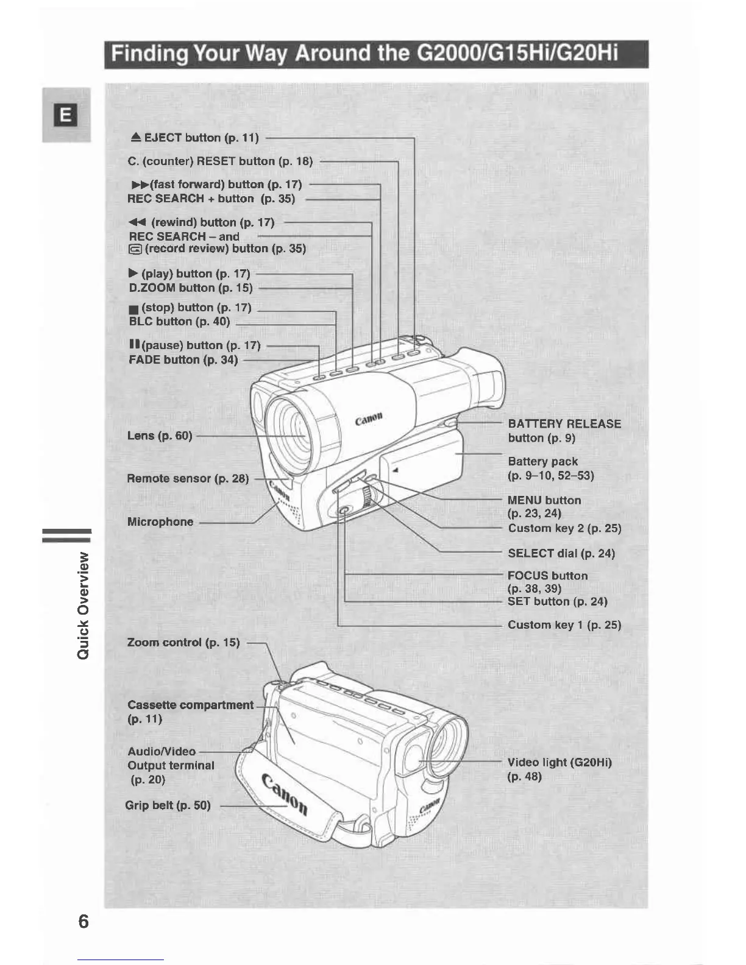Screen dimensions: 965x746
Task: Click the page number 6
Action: (x=83, y=921)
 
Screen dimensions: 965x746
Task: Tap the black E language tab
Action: (x=66, y=115)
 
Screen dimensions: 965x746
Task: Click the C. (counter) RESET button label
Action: (x=220, y=161)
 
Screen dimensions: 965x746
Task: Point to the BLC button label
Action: (x=179, y=321)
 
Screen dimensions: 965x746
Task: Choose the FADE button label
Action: (x=183, y=359)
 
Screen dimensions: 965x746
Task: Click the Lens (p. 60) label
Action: (x=160, y=436)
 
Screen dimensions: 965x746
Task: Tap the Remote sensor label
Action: (x=188, y=478)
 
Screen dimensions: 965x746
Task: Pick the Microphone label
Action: (x=160, y=521)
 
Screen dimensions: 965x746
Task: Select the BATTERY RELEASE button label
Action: (x=564, y=430)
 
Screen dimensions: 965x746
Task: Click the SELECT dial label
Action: (x=561, y=553)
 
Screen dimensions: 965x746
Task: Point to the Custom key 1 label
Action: (x=564, y=624)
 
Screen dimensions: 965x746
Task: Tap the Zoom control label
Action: (x=183, y=642)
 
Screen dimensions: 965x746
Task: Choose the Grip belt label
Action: (x=168, y=805)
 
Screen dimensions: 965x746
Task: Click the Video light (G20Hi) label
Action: (x=559, y=769)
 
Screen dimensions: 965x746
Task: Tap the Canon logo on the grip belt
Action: (x=285, y=794)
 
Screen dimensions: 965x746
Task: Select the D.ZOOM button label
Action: (x=191, y=288)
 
